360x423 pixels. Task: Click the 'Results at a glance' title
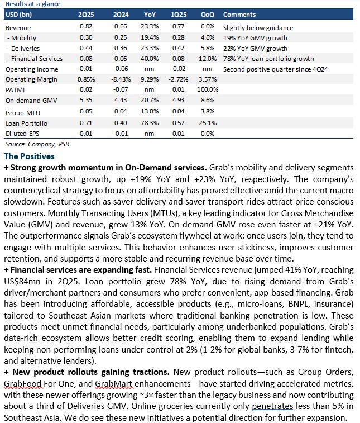pos(33,4)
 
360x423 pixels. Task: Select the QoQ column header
pos(208,15)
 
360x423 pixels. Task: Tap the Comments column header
pos(239,15)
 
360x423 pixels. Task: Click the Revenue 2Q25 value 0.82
pos(86,26)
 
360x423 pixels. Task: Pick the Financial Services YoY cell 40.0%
pos(150,59)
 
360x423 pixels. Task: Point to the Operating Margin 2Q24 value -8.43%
pos(121,79)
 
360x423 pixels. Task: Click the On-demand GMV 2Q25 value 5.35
pos(86,100)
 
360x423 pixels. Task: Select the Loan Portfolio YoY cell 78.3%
pos(150,123)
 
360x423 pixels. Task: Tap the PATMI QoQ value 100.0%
pos(208,89)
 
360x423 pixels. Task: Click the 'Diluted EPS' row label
pos(22,134)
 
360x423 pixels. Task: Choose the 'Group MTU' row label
pos(23,113)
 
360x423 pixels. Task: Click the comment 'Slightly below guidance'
pos(258,28)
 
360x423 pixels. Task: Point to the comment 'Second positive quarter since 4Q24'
pos(275,69)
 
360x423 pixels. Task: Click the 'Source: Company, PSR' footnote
pos(37,144)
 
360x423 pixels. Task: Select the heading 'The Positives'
pos(29,156)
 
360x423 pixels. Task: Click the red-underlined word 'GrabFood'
pos(23,384)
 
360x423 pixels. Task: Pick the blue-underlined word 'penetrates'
pos(272,406)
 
